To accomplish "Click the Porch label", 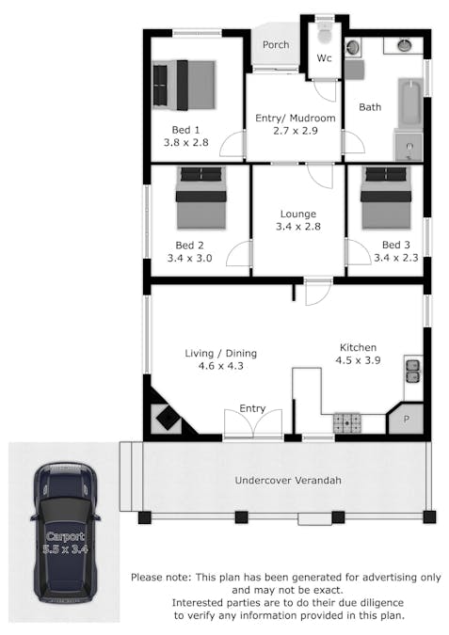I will [x=276, y=44].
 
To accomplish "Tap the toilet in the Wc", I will [x=324, y=34].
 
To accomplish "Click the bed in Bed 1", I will [x=184, y=85].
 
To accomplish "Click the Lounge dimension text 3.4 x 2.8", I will [x=298, y=228].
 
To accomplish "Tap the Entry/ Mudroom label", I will [x=296, y=119].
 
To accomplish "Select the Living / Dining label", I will [x=220, y=354].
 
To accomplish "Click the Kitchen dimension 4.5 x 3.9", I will [x=358, y=361].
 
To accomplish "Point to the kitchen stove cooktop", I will [x=347, y=424].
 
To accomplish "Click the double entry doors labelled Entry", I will [x=252, y=424].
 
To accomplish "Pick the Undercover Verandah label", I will [x=287, y=481].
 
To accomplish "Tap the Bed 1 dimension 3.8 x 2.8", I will [x=184, y=144].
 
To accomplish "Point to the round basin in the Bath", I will [x=405, y=44].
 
